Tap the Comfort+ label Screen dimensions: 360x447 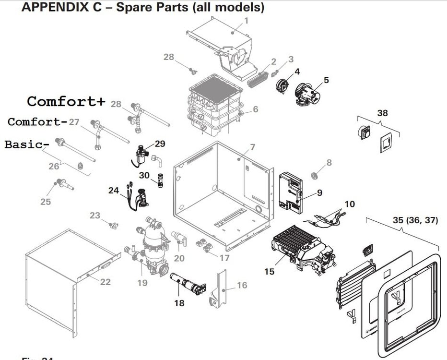(x=66, y=101)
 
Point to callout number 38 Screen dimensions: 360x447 (x=382, y=113)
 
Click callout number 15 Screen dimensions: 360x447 (x=269, y=272)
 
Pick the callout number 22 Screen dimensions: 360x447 (x=105, y=282)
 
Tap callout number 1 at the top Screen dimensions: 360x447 (x=247, y=21)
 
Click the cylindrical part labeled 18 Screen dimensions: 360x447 (x=186, y=285)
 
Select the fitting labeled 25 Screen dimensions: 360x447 (x=63, y=184)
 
